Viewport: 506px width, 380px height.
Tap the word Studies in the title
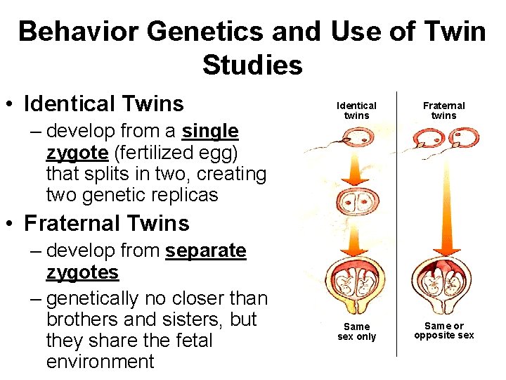[x=252, y=65]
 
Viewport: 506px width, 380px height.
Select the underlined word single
[x=210, y=132]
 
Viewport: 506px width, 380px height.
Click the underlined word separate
[x=206, y=251]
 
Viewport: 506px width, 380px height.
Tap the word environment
[x=100, y=362]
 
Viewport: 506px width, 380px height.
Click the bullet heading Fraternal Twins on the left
[x=106, y=224]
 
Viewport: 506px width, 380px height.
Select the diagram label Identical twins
[x=361, y=110]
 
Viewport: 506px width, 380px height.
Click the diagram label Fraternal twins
[x=443, y=110]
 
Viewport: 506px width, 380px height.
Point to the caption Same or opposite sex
[x=443, y=331]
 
